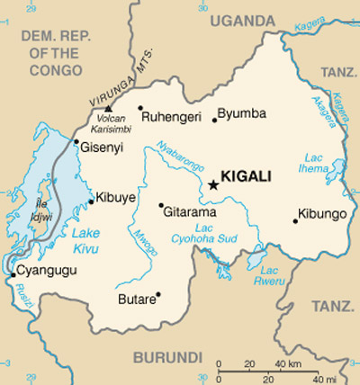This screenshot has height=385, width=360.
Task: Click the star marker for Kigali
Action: pyautogui.click(x=213, y=184)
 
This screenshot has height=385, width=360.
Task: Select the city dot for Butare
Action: pyautogui.click(x=158, y=294)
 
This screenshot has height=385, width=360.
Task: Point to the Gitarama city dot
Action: pyautogui.click(x=161, y=204)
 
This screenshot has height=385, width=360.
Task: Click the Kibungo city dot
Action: pyautogui.click(x=295, y=219)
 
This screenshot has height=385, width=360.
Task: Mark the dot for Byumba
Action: pyautogui.click(x=214, y=120)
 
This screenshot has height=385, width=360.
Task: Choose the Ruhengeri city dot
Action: pyautogui.click(x=140, y=108)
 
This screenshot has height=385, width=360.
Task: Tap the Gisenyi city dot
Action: pyautogui.click(x=76, y=141)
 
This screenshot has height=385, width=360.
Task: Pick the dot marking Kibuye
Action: pyautogui.click(x=91, y=201)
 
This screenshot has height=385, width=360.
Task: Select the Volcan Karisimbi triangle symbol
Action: pyautogui.click(x=108, y=108)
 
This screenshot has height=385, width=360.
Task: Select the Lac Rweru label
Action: pyautogui.click(x=270, y=275)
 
